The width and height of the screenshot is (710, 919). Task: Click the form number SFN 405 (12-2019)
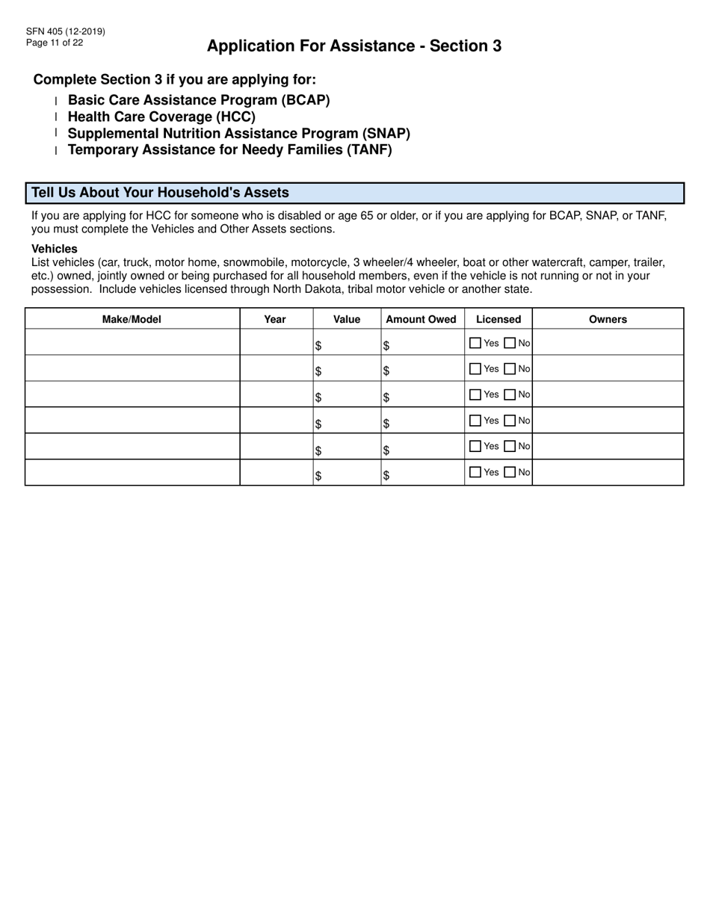pos(65,31)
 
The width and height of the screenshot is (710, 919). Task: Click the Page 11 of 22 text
pos(54,43)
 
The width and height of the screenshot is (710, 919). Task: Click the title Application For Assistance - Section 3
pos(354,46)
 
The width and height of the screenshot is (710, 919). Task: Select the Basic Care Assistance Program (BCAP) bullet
pos(199,100)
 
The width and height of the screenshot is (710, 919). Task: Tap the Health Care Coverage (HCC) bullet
pos(161,117)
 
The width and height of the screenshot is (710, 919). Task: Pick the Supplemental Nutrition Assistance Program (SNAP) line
pos(239,133)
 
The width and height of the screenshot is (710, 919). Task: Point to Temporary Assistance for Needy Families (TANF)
pos(229,149)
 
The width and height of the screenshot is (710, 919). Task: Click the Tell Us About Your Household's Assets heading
pos(160,193)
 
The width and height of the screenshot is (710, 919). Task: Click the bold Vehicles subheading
pos(54,249)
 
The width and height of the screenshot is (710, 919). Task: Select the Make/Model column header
pos(132,319)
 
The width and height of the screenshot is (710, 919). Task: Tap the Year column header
pos(275,319)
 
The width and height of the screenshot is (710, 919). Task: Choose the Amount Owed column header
pos(421,319)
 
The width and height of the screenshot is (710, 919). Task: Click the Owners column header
pos(608,319)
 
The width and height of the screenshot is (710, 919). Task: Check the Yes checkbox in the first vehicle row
pos(475,344)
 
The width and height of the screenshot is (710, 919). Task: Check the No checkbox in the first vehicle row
pos(510,344)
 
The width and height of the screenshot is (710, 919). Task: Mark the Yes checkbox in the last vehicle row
pos(475,472)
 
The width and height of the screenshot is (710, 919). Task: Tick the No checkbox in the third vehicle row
pos(510,394)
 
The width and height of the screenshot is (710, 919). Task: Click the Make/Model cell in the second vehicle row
pos(132,368)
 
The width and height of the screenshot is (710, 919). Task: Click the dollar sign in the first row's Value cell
pos(318,346)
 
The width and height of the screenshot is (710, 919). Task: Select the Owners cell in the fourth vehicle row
pos(608,421)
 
